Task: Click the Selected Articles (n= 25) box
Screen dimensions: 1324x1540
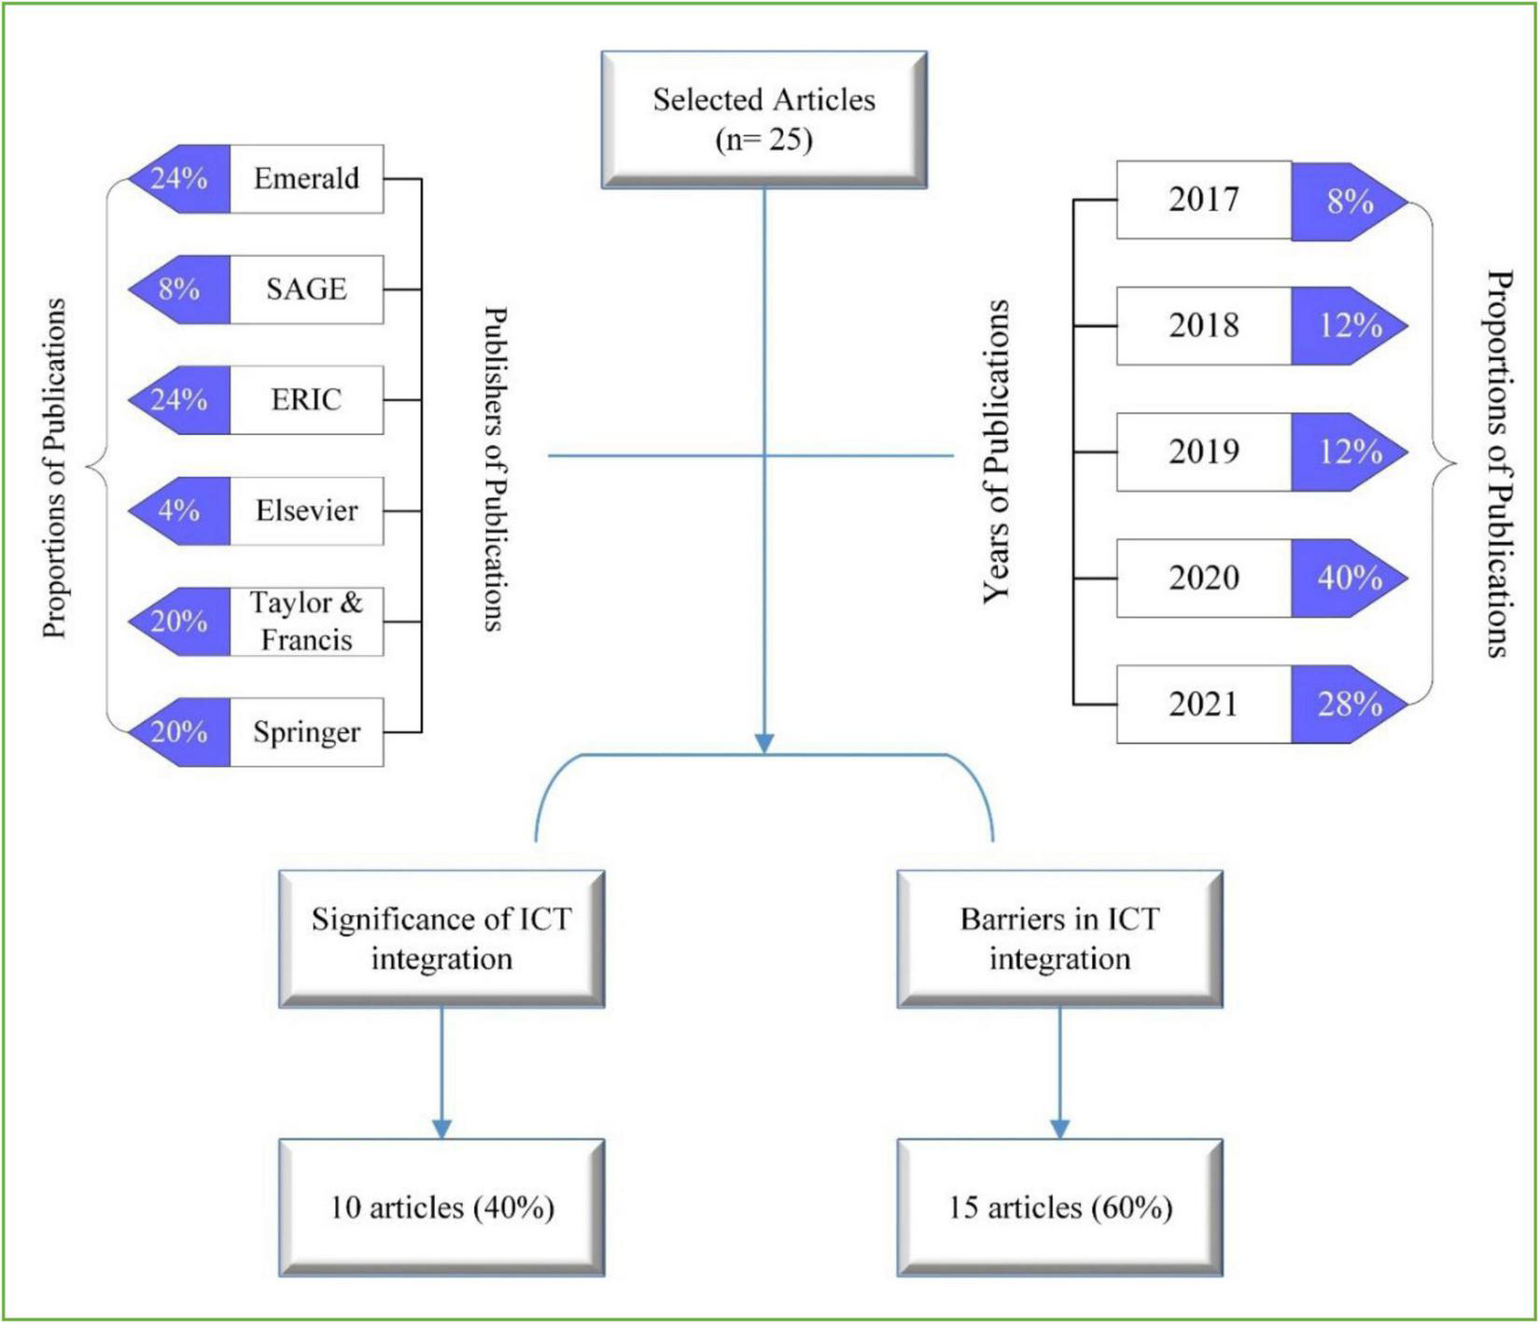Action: point(763,119)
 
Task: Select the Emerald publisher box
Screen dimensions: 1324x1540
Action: point(306,179)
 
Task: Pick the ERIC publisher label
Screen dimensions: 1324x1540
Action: point(306,400)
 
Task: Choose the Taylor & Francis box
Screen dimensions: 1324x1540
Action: point(306,621)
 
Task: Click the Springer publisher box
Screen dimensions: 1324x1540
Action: point(306,732)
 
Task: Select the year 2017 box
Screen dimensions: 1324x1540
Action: point(1203,200)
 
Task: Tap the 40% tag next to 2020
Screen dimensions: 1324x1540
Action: point(1348,578)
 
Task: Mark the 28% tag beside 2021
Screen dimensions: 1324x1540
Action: point(1348,704)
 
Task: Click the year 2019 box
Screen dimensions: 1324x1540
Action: point(1203,453)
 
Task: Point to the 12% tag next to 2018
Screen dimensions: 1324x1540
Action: point(1348,326)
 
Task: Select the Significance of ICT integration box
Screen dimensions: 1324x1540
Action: point(441,939)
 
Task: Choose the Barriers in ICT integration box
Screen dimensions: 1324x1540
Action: point(1059,939)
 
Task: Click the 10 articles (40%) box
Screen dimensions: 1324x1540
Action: point(441,1207)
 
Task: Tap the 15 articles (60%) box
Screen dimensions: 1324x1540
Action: point(1059,1207)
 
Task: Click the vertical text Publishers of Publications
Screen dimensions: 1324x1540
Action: point(495,469)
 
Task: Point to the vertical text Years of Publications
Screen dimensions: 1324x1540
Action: point(997,452)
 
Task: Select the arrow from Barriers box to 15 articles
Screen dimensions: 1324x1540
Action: point(1059,1073)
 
